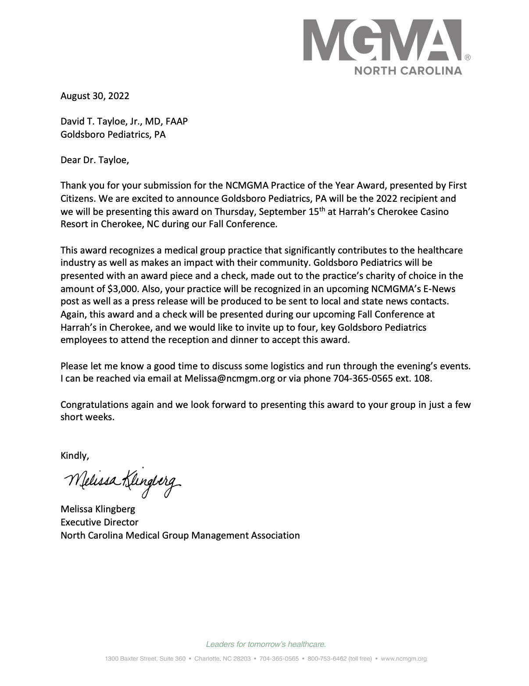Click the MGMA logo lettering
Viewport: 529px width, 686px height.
383,40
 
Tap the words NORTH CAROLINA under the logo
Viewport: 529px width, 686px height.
408,71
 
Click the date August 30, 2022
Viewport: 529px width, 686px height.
95,96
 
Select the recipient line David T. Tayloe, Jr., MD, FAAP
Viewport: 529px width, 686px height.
124,121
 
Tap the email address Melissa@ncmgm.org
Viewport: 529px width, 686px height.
229,378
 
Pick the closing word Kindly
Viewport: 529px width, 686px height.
75,456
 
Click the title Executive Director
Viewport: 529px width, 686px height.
99,522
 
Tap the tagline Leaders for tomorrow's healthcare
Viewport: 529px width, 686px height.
266,644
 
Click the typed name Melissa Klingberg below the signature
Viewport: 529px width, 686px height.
98,509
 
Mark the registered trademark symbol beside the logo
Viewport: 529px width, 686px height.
468,57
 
